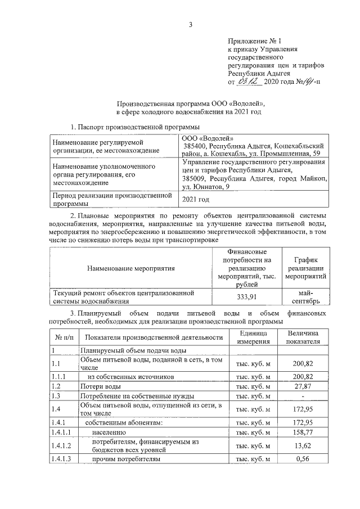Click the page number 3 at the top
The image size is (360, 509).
190,24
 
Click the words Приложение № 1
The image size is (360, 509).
251,41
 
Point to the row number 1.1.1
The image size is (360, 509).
58,376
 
